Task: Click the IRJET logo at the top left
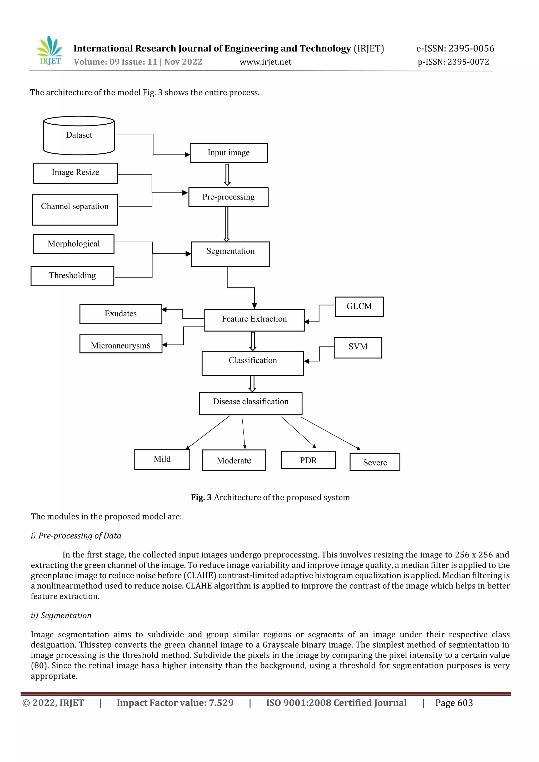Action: [50, 51]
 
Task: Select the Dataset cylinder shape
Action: [79, 135]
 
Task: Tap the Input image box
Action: [228, 153]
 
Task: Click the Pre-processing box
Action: [228, 197]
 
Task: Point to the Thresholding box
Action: [72, 276]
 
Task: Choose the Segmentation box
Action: [230, 254]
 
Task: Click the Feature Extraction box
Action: [254, 320]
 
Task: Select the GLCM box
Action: [359, 306]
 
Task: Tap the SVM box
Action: [358, 348]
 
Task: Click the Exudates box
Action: [121, 314]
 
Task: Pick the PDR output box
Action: [308, 460]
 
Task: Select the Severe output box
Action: [375, 462]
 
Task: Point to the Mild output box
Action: [162, 460]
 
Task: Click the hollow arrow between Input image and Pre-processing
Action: [227, 174]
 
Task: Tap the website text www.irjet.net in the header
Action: [266, 62]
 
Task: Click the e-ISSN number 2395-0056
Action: [471, 48]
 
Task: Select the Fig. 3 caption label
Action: [201, 497]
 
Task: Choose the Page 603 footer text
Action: [454, 703]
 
